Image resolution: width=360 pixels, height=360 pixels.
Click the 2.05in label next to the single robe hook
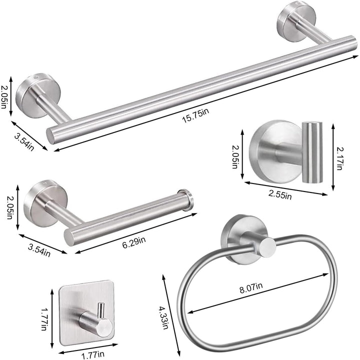point(234,155)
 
